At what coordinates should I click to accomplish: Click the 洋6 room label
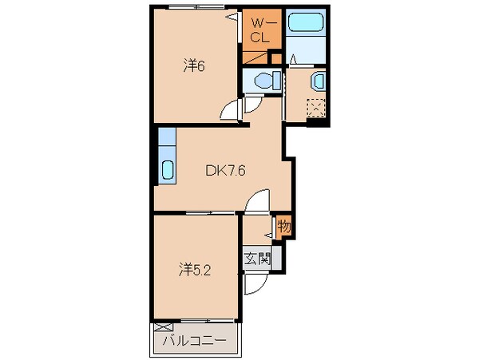click(x=195, y=67)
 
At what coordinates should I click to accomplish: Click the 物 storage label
click(x=284, y=226)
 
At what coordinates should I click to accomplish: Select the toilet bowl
click(x=264, y=81)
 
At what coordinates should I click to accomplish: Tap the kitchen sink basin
click(x=167, y=168)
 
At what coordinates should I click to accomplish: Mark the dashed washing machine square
click(x=316, y=108)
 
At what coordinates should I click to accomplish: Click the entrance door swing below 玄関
click(x=254, y=285)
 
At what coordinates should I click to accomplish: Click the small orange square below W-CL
click(x=276, y=56)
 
